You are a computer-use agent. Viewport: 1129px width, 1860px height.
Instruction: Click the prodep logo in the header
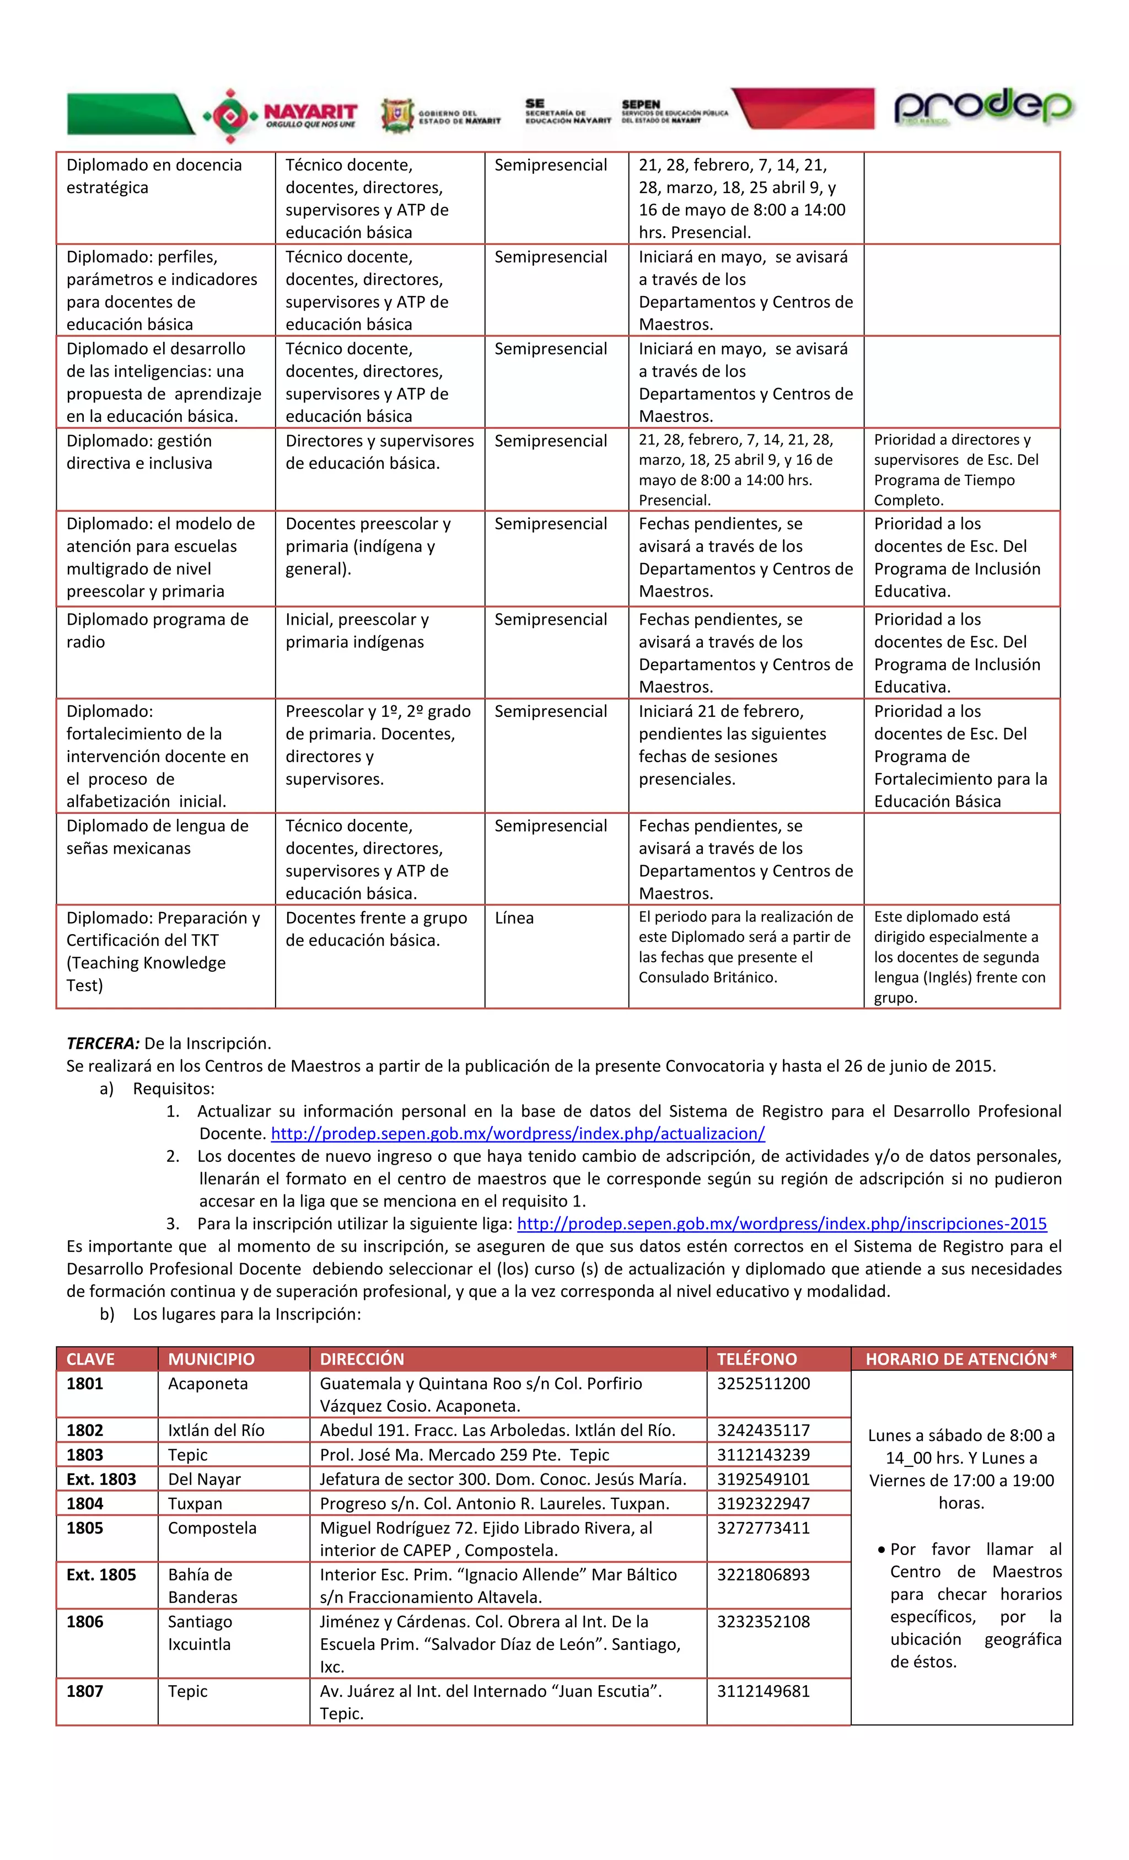pyautogui.click(x=982, y=109)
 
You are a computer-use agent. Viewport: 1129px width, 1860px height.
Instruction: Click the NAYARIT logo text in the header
pyautogui.click(x=310, y=112)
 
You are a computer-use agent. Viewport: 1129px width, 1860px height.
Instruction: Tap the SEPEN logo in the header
pyautogui.click(x=674, y=111)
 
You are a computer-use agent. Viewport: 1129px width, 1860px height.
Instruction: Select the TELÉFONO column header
pyautogui.click(x=756, y=1359)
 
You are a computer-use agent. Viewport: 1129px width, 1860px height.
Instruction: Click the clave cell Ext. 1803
pyautogui.click(x=101, y=1479)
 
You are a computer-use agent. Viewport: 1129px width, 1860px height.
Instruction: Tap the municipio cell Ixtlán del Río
pyautogui.click(x=216, y=1430)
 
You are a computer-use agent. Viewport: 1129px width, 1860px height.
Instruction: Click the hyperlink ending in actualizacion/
pyautogui.click(x=518, y=1133)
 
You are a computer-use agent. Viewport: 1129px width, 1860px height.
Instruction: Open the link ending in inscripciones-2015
pyautogui.click(x=781, y=1224)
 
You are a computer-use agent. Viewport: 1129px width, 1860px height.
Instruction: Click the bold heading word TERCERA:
pyautogui.click(x=103, y=1043)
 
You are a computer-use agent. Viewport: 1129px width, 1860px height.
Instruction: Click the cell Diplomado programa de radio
pyautogui.click(x=157, y=630)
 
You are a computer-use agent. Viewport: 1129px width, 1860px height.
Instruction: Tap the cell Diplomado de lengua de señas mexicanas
pyautogui.click(x=157, y=837)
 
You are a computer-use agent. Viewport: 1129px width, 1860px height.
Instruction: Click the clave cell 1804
pyautogui.click(x=84, y=1503)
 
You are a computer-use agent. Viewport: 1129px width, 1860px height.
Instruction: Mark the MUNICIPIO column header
pyautogui.click(x=211, y=1359)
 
